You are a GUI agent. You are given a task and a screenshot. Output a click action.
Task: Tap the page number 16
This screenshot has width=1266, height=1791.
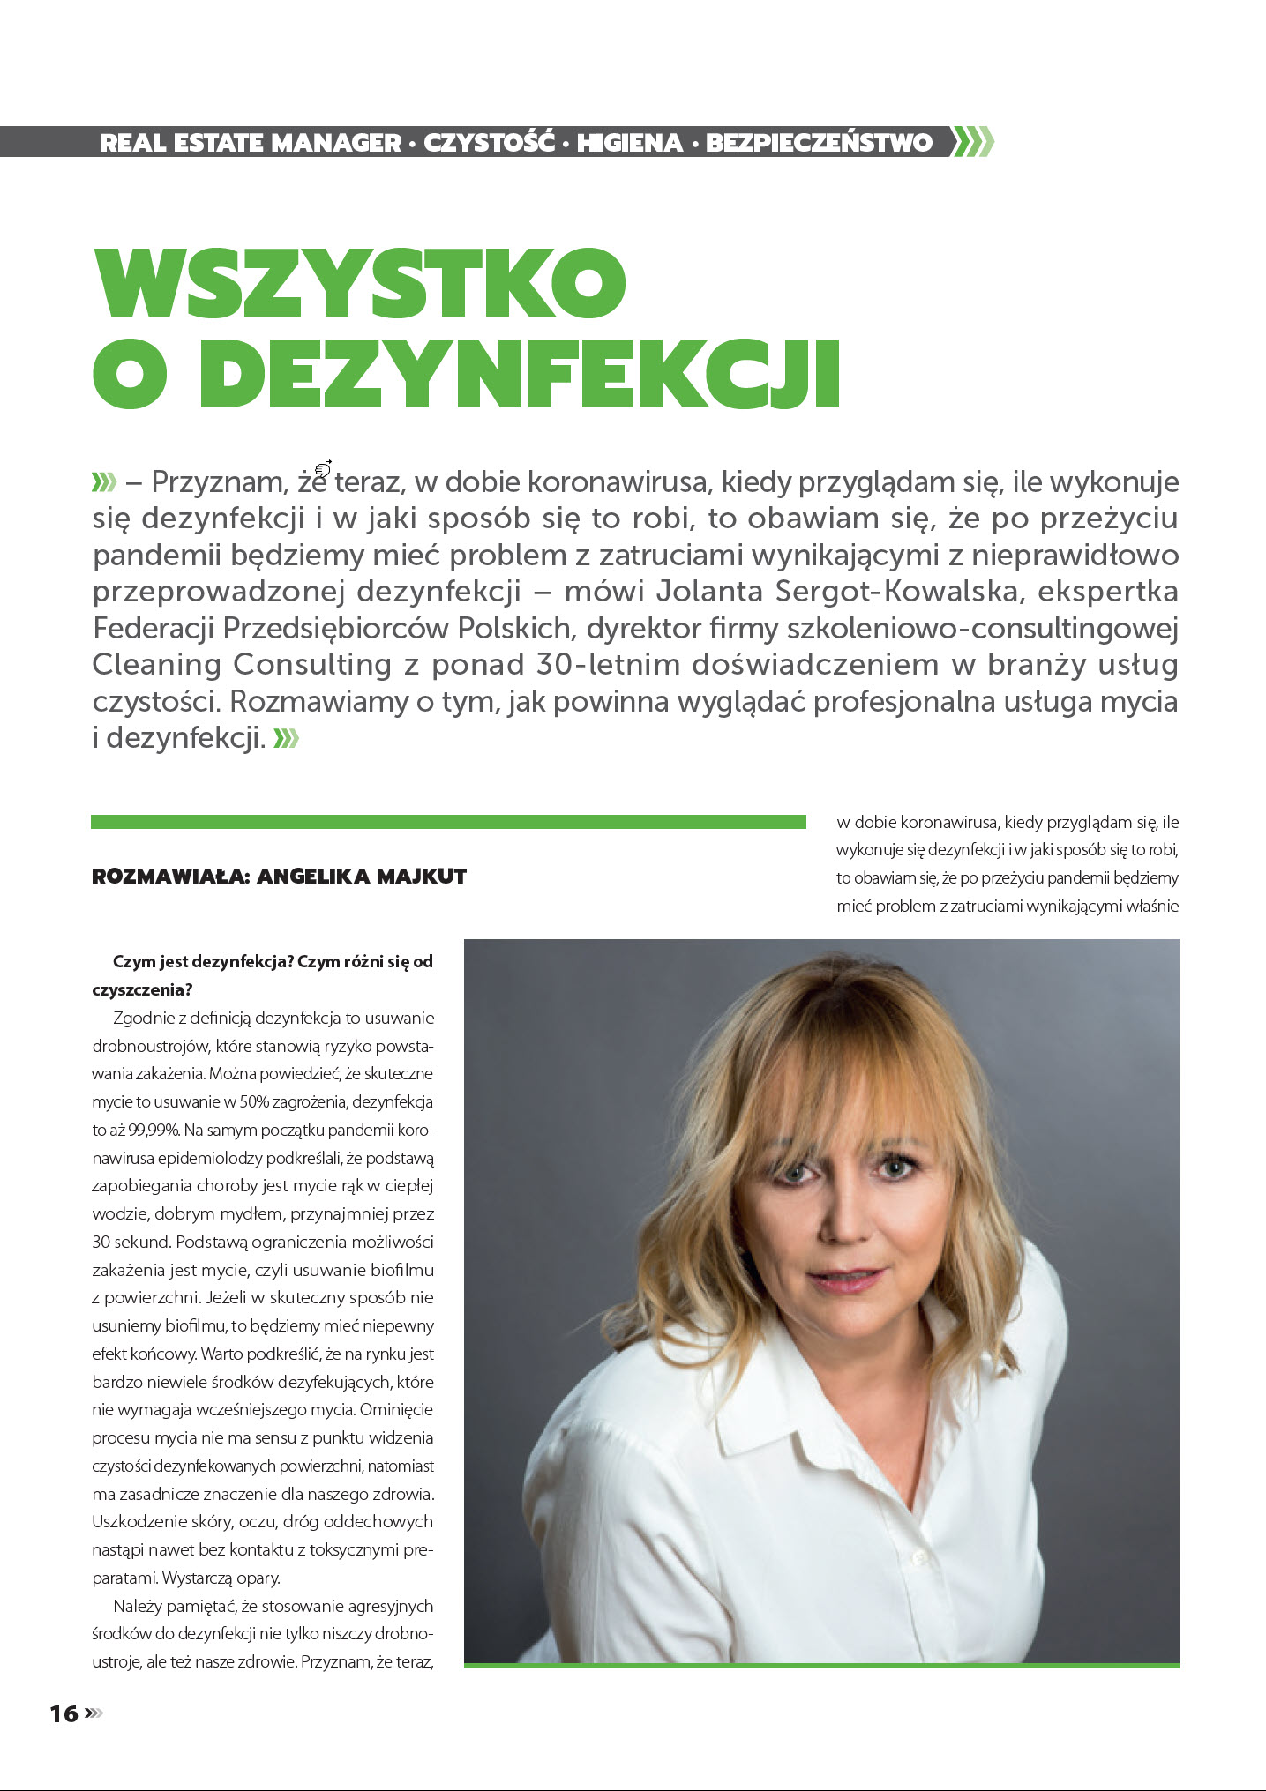[x=64, y=1713]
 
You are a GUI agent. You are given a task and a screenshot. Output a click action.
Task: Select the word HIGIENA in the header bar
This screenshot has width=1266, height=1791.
[x=630, y=143]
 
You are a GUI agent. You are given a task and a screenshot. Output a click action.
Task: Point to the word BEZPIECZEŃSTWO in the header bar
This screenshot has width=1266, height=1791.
[x=819, y=143]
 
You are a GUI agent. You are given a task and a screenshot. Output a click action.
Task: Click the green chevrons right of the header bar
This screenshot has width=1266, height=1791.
[x=973, y=142]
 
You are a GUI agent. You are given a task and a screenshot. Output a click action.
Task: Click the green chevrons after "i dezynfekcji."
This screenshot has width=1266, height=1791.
[x=287, y=738]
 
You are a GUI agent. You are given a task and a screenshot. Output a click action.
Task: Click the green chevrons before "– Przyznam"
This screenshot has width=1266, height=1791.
[x=104, y=482]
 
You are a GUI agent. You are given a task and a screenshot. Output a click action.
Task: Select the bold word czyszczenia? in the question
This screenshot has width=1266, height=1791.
[x=142, y=989]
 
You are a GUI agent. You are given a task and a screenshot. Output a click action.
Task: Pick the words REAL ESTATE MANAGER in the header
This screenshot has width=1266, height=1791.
[x=251, y=143]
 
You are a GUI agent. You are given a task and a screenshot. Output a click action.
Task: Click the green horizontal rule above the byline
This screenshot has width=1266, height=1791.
[x=448, y=822]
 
